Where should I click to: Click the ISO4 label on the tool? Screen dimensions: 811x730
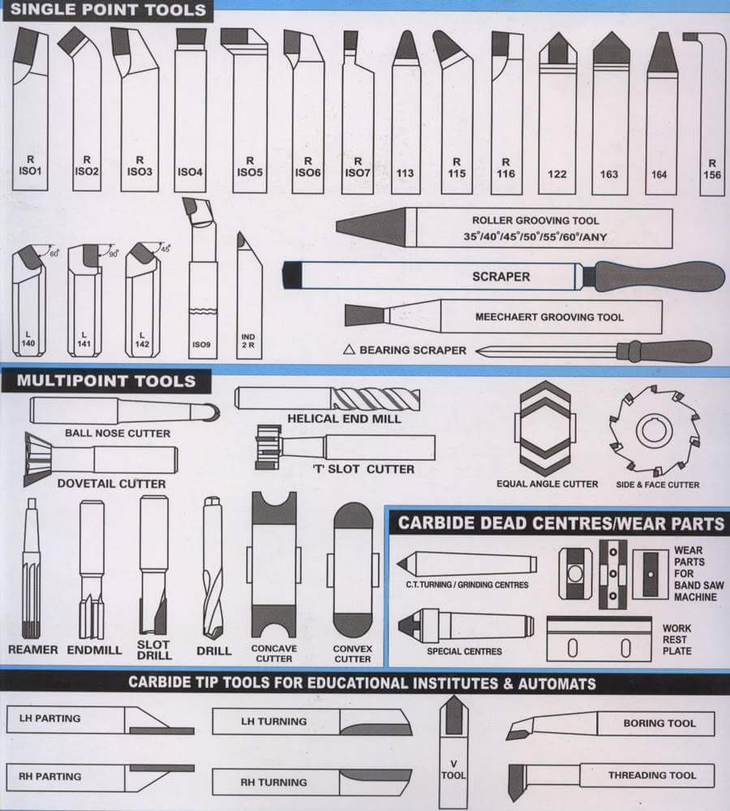(x=190, y=172)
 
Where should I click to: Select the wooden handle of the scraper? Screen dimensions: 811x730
(x=659, y=277)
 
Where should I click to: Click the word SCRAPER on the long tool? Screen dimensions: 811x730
(x=500, y=277)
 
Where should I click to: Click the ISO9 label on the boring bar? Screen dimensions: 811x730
(x=201, y=344)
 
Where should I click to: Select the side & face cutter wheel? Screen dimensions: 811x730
(x=654, y=431)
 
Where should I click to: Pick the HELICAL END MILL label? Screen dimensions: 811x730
(x=343, y=418)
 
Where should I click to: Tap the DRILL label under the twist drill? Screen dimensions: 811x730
(x=213, y=650)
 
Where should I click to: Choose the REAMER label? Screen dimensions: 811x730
(x=33, y=650)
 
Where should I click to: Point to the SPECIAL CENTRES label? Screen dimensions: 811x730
(x=464, y=650)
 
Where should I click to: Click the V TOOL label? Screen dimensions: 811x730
(x=453, y=769)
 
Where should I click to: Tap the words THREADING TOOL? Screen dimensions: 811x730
(x=652, y=775)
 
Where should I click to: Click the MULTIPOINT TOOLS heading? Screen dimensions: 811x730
(x=106, y=380)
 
